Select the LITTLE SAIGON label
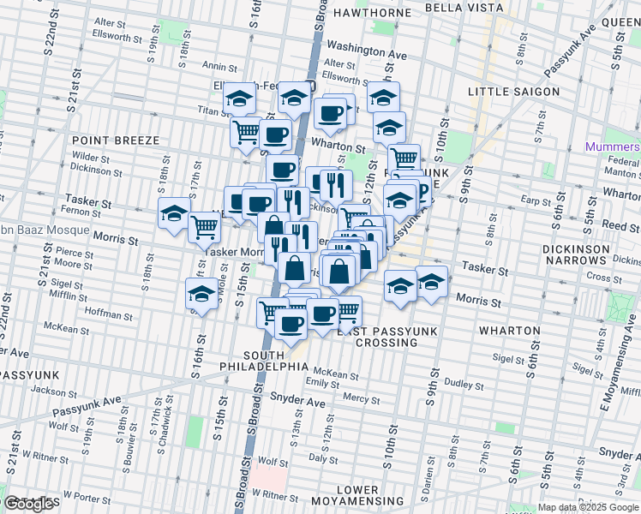514,92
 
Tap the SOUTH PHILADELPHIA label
275,360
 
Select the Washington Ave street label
367,52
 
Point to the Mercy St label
361,399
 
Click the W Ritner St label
274,496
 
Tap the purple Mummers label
612,146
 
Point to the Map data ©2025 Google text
587,508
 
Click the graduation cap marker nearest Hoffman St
201,294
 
